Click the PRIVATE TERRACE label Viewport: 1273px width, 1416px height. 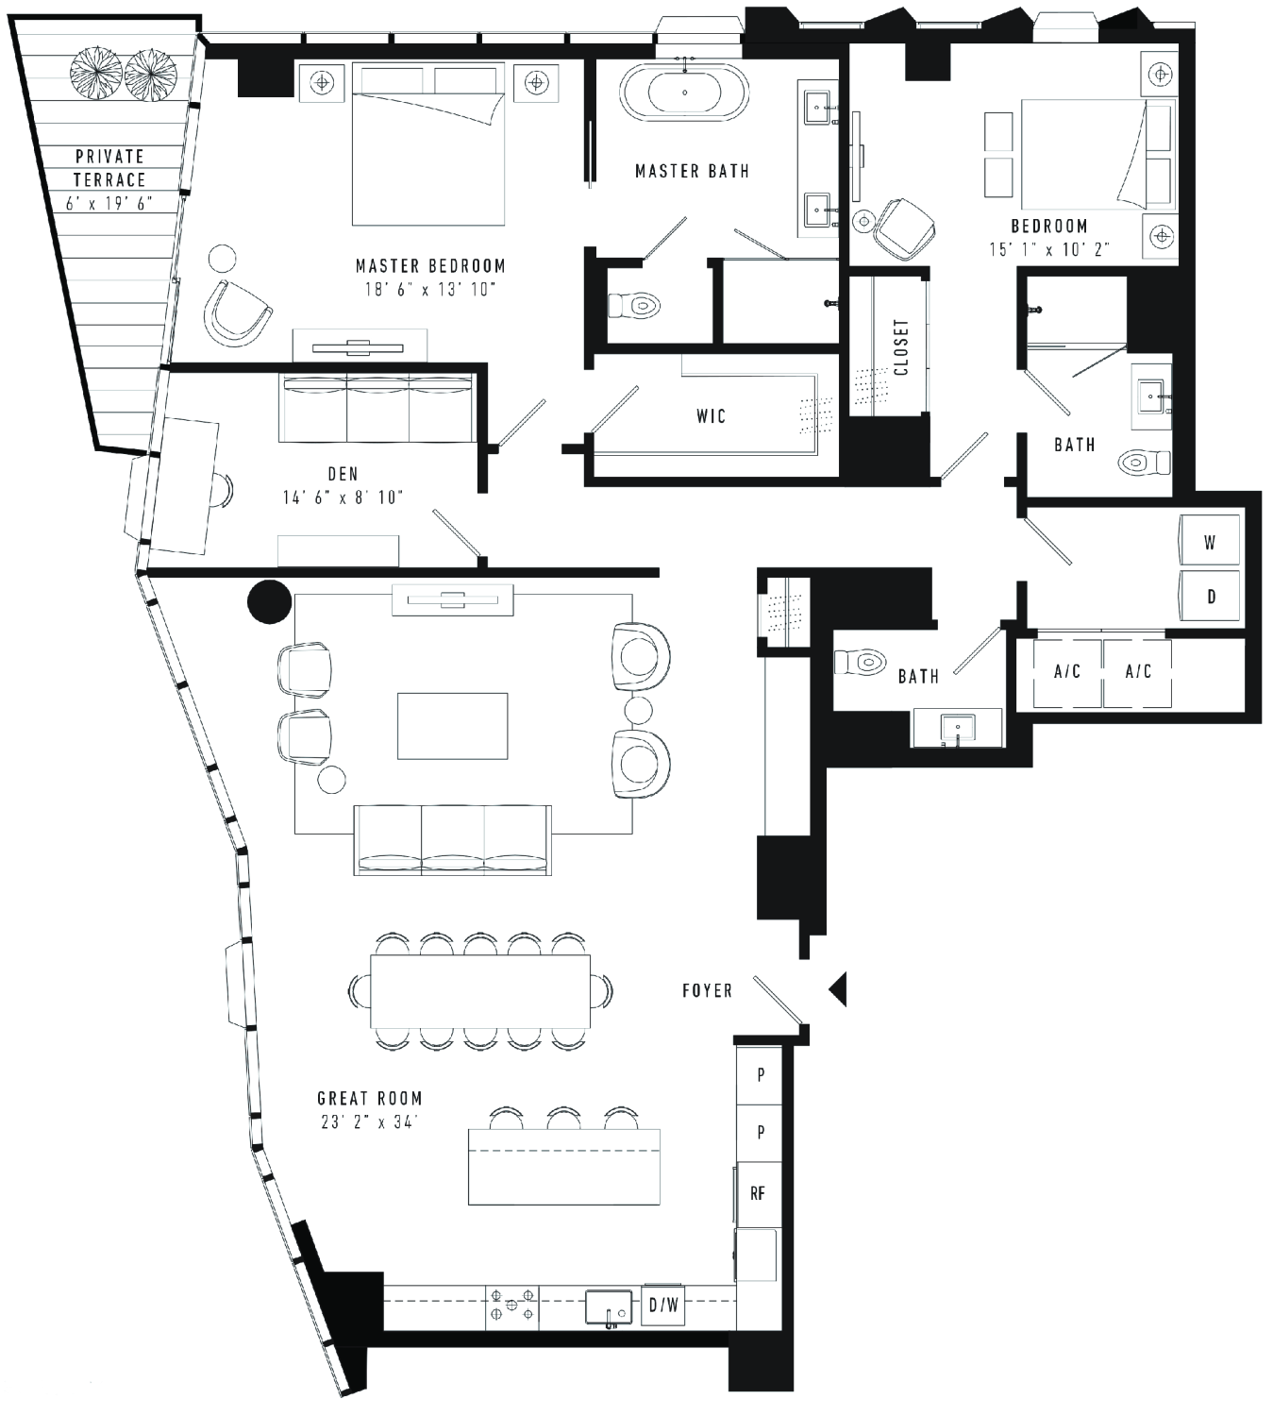click(109, 167)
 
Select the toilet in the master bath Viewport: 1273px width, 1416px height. click(634, 306)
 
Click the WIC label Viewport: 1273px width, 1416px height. click(711, 415)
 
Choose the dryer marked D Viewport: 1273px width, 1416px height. click(1210, 596)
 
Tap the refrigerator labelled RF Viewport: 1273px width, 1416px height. click(758, 1193)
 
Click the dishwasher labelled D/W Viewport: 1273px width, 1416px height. click(662, 1305)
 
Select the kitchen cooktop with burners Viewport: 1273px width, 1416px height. click(512, 1305)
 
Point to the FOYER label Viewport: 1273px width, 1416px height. click(707, 990)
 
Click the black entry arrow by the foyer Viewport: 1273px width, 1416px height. click(838, 988)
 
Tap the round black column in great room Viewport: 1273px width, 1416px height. click(270, 601)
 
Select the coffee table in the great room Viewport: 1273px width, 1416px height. click(452, 726)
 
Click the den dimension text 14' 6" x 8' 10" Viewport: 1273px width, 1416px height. click(343, 497)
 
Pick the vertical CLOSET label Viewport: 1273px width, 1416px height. click(901, 347)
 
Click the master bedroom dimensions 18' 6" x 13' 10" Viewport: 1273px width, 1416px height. click(430, 289)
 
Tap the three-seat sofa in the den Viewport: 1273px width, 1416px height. click(377, 408)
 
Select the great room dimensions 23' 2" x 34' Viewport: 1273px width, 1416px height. click(369, 1121)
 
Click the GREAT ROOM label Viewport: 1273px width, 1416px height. click(370, 1099)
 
